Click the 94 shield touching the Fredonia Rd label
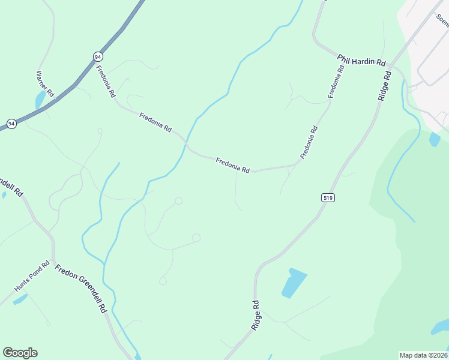pyautogui.click(x=98, y=56)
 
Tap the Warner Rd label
pyautogui.click(x=45, y=85)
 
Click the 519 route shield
pyautogui.click(x=327, y=197)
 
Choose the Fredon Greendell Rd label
pyautogui.click(x=80, y=288)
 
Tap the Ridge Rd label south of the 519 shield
pyautogui.click(x=256, y=315)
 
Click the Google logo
pyautogui.click(x=20, y=353)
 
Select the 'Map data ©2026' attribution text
pyautogui.click(x=423, y=355)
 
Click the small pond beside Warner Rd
pyautogui.click(x=40, y=100)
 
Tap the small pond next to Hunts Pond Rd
pyautogui.click(x=20, y=298)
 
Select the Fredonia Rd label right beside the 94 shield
pyautogui.click(x=106, y=81)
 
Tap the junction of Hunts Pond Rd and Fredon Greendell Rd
pyautogui.click(x=53, y=259)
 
